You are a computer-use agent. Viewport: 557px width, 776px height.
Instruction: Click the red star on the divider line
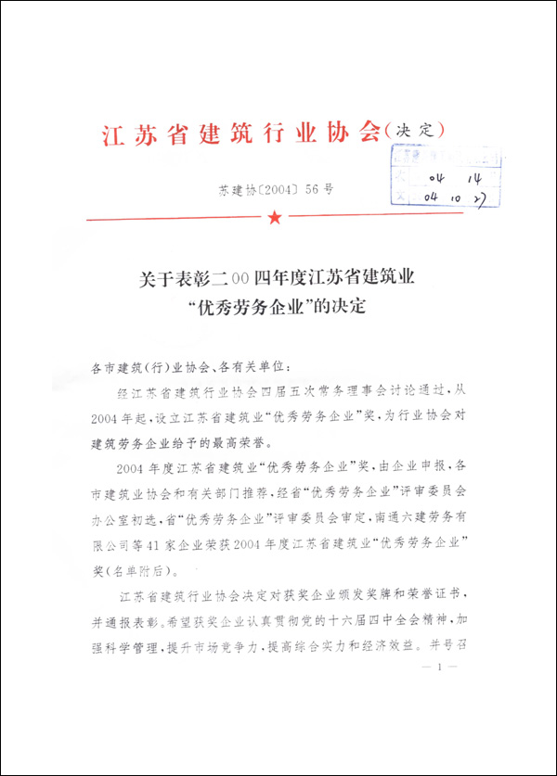coord(275,218)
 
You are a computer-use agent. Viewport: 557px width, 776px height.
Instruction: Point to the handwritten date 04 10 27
coord(452,196)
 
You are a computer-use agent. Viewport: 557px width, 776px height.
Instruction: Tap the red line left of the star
coord(175,219)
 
